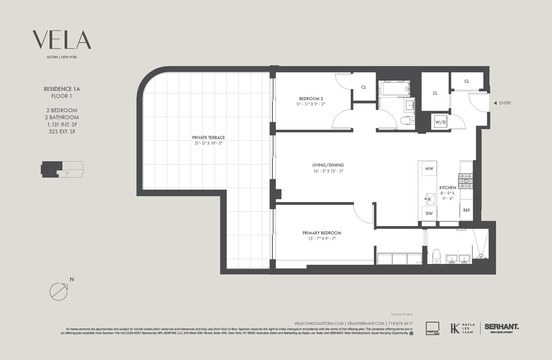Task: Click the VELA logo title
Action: click(62, 40)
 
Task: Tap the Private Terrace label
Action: click(208, 138)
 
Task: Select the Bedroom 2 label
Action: click(311, 99)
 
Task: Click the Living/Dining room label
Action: click(328, 165)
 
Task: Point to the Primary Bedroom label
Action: click(322, 233)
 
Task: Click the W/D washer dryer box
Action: click(440, 122)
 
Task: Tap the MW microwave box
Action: click(429, 169)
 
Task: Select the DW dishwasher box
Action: click(429, 213)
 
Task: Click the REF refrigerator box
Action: click(466, 210)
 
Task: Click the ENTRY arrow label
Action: click(502, 103)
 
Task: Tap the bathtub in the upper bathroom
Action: click(394, 89)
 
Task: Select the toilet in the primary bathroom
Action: click(436, 256)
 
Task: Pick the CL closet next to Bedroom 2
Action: click(364, 87)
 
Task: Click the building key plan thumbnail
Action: click(62, 169)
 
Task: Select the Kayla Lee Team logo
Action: click(462, 328)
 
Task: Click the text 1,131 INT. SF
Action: click(62, 124)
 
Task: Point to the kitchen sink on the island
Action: click(429, 199)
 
